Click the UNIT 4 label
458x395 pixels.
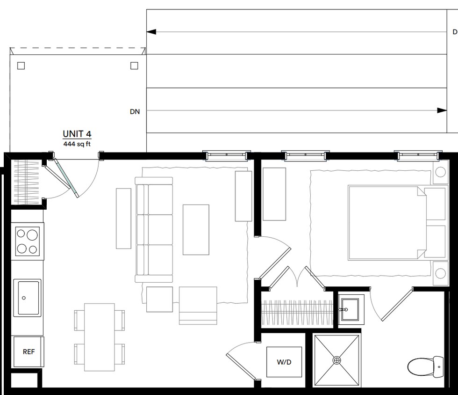point(77,135)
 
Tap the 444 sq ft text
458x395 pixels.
point(77,144)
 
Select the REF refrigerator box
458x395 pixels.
point(29,351)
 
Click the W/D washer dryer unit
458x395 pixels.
point(283,362)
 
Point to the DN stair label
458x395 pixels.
point(135,112)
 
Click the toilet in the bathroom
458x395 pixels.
point(426,366)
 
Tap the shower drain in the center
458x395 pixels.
point(337,360)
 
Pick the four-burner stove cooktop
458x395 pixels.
point(28,241)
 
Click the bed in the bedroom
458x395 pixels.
point(387,223)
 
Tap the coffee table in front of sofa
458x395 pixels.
point(196,229)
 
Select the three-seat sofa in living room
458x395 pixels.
point(154,229)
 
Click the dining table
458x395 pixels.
point(100,336)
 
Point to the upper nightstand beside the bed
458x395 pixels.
point(440,172)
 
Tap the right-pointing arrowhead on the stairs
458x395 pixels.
point(442,110)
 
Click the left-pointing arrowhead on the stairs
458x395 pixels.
point(151,32)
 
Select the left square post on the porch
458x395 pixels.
point(21,66)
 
